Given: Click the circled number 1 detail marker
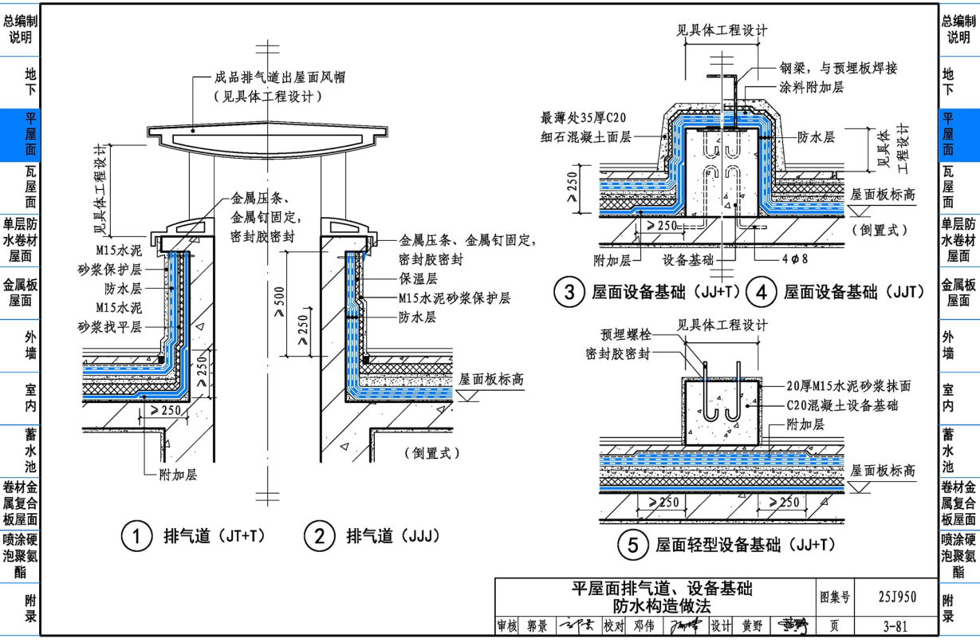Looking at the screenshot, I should click(x=136, y=537).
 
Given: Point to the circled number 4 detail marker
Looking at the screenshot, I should click(x=761, y=293).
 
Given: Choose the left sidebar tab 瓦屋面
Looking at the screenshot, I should click(x=20, y=187).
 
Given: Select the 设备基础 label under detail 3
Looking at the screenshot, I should click(x=687, y=259).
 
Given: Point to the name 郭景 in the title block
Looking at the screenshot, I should click(x=537, y=627).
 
